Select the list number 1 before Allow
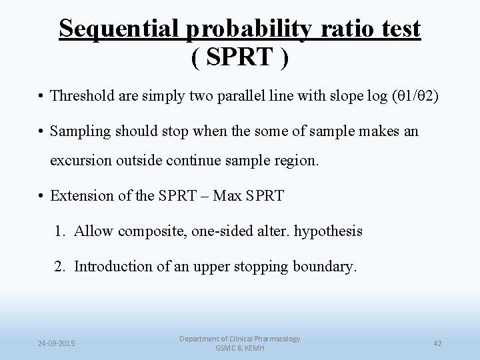(x=60, y=231)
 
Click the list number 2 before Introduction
(x=60, y=267)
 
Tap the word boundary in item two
(x=327, y=267)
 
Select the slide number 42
(x=437, y=343)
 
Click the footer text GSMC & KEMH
(x=239, y=349)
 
